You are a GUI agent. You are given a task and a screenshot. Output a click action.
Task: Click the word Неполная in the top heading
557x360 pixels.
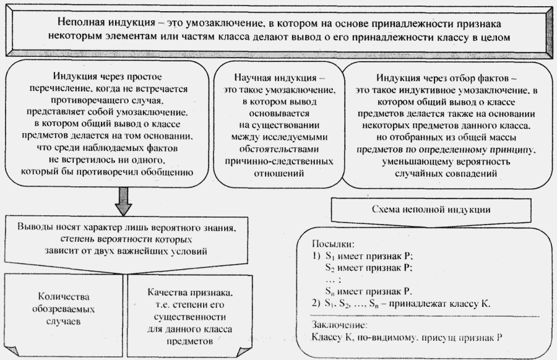click(78, 22)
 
